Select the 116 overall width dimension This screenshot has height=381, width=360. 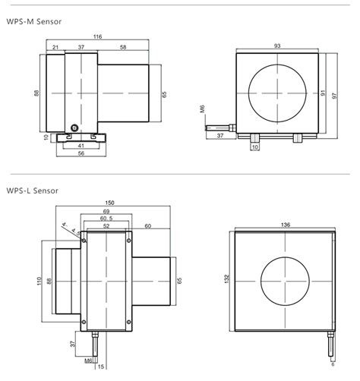coord(98,36)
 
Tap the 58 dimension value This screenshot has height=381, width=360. coord(122,47)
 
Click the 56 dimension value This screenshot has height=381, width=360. coord(81,153)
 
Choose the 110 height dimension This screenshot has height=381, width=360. coord(38,282)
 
